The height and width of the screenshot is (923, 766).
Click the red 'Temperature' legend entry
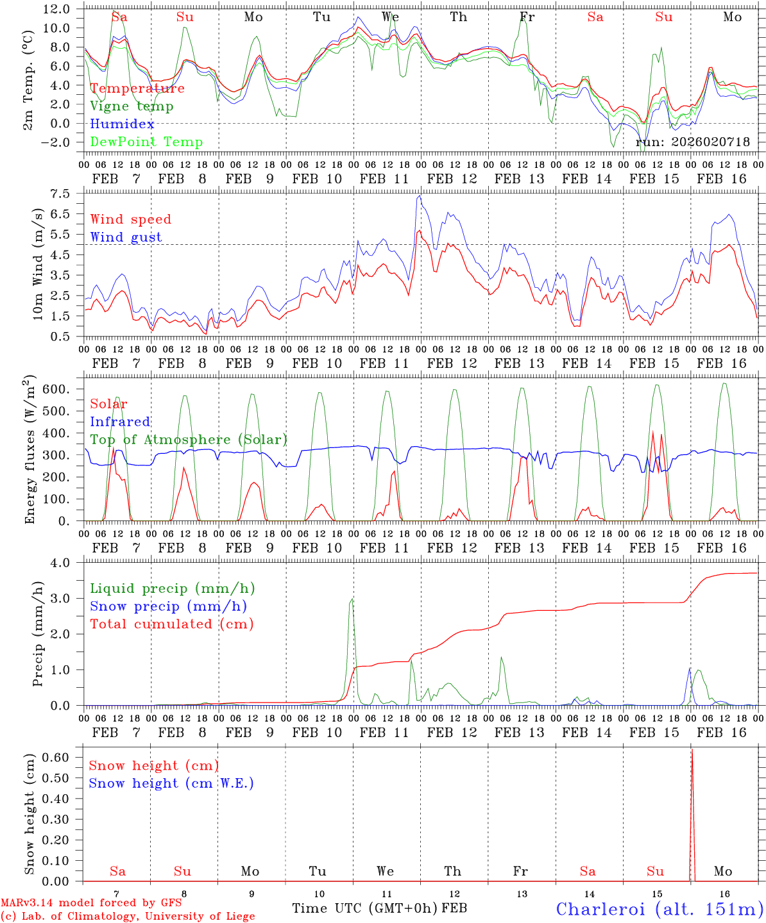[x=137, y=88]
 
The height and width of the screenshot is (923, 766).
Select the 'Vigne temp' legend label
[x=132, y=106]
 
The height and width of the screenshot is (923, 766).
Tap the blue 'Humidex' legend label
[x=122, y=124]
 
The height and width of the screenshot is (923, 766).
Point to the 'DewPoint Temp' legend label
[x=146, y=142]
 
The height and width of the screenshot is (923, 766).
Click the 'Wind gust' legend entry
[x=126, y=237]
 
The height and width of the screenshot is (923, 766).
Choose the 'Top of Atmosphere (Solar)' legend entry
[x=189, y=440]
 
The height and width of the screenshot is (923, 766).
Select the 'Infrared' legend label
[x=120, y=422]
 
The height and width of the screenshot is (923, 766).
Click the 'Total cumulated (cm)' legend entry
[x=171, y=624]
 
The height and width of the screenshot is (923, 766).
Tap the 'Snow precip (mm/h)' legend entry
[x=168, y=606]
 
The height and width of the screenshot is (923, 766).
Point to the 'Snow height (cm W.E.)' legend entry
[x=171, y=783]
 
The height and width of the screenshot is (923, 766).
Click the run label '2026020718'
[x=693, y=142]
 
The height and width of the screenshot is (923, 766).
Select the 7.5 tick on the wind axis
[x=64, y=194]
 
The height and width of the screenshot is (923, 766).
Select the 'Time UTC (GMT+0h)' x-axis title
[x=364, y=908]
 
